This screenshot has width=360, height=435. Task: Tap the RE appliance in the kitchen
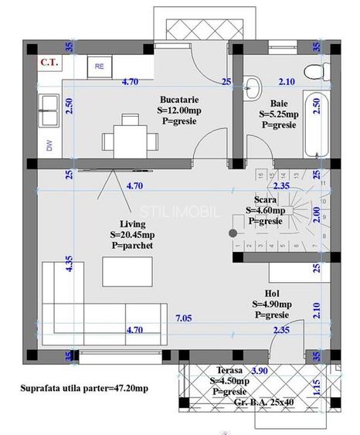(100, 66)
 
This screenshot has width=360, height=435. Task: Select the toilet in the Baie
(314, 70)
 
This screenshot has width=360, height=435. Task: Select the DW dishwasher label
(49, 144)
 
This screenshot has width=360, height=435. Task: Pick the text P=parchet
(132, 245)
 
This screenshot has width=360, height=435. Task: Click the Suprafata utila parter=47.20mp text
(83, 386)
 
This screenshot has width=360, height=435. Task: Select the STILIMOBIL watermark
(180, 211)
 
